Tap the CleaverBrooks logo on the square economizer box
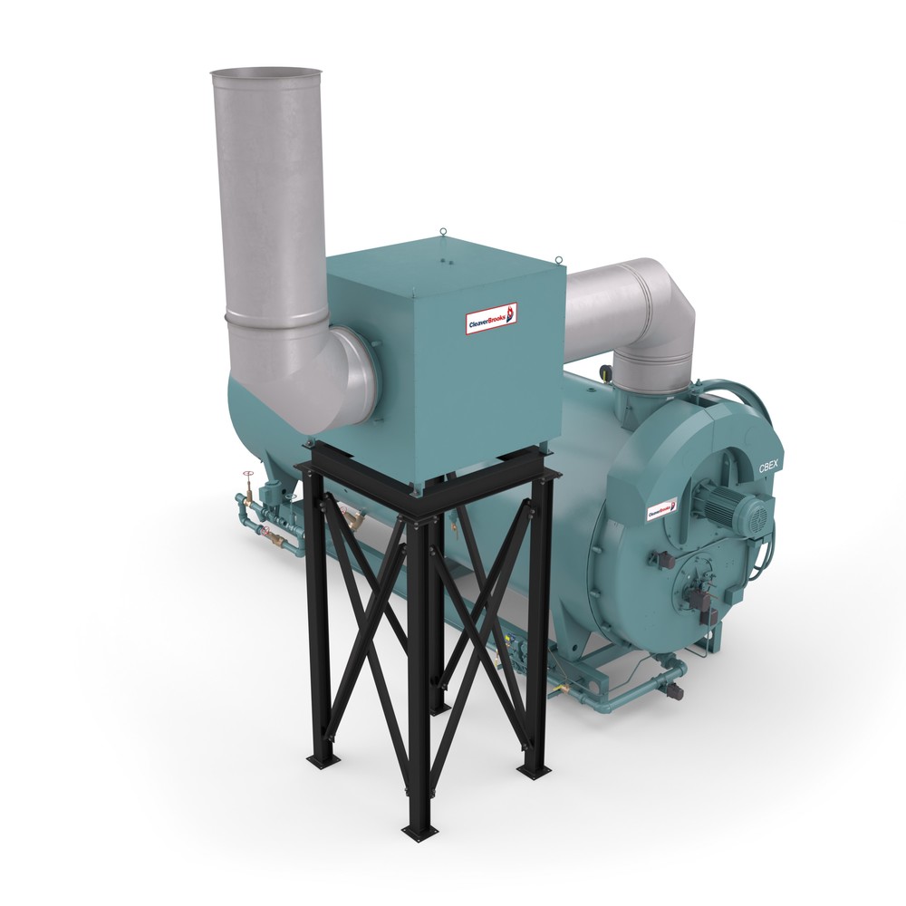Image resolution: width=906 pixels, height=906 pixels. [490, 318]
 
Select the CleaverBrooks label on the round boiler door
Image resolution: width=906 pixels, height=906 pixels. [664, 510]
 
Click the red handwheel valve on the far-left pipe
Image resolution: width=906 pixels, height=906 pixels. [247, 475]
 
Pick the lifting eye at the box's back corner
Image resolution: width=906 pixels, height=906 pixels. [443, 233]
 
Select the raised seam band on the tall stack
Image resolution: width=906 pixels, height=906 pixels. [276, 318]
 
